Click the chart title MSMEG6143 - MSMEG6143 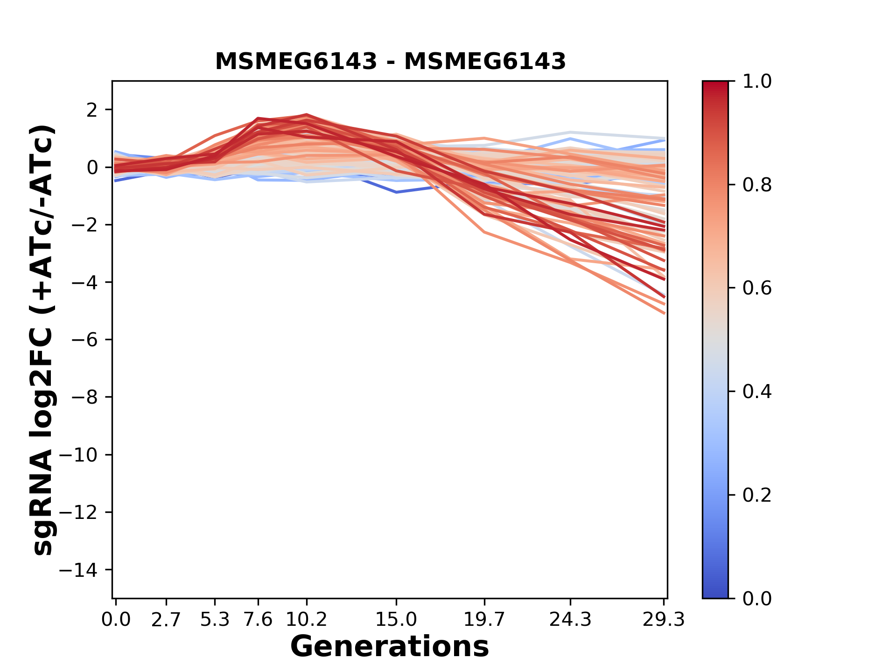point(390,61)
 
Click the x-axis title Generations point(390,646)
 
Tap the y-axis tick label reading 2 point(92,110)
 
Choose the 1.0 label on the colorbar point(757,82)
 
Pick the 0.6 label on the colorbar point(757,288)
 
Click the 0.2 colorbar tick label point(757,495)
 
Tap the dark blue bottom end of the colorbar point(715,593)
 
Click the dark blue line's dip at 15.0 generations point(396,192)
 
